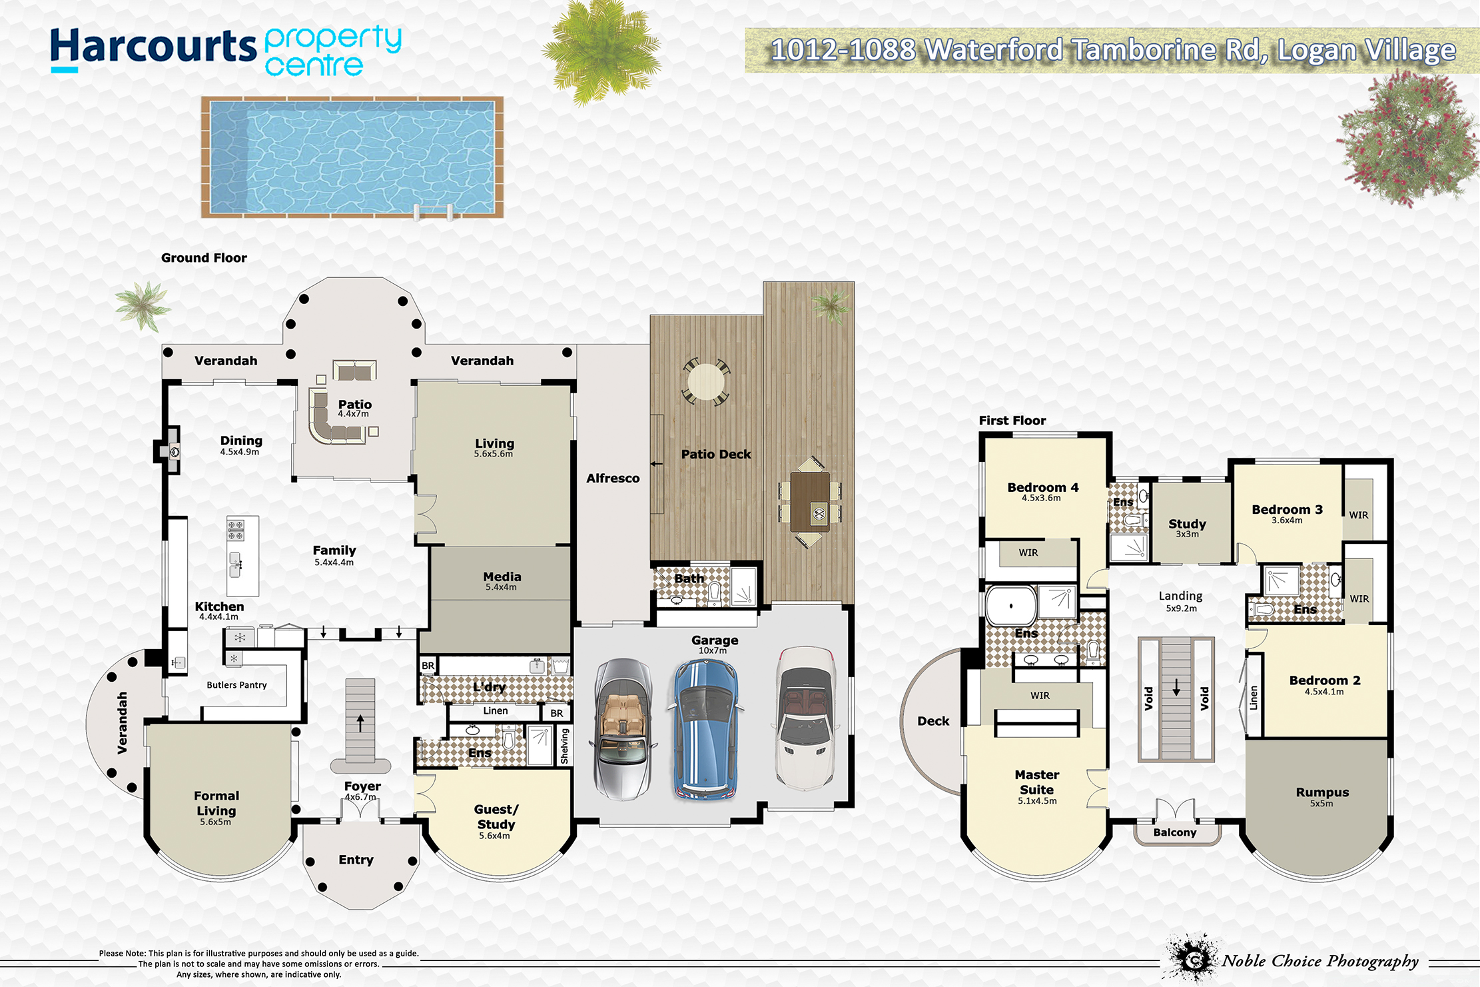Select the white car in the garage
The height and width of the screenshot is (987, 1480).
(x=806, y=718)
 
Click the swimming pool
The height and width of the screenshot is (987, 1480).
(x=352, y=157)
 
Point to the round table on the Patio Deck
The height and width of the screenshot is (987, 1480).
(x=705, y=382)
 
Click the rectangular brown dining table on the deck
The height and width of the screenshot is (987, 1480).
(x=810, y=502)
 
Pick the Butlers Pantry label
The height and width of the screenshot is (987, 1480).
(x=236, y=685)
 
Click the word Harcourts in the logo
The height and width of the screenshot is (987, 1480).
(x=153, y=47)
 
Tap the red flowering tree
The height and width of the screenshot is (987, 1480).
(x=1405, y=140)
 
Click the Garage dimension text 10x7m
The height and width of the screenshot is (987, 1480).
(x=713, y=650)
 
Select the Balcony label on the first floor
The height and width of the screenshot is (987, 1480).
(x=1175, y=832)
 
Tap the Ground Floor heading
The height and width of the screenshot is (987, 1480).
(x=204, y=258)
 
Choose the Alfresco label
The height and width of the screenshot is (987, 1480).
(x=613, y=479)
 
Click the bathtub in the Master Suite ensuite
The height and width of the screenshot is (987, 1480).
(x=1010, y=606)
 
